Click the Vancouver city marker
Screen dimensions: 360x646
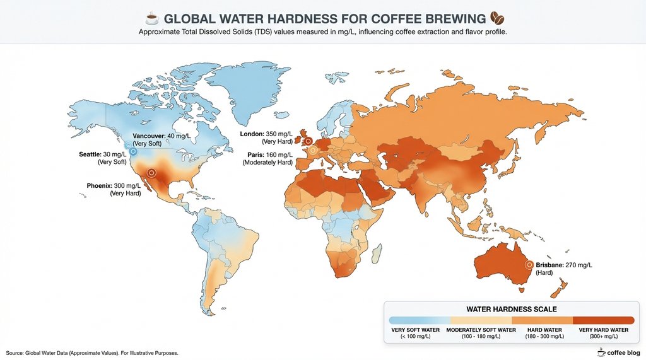pyautogui.click(x=129, y=145)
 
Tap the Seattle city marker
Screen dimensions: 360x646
pyautogui.click(x=133, y=151)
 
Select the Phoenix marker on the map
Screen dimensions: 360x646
pyautogui.click(x=151, y=172)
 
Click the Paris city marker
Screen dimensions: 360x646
pyautogui.click(x=312, y=150)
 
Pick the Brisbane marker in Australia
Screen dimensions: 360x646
pyautogui.click(x=529, y=265)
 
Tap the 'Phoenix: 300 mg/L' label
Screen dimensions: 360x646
pyautogui.click(x=114, y=186)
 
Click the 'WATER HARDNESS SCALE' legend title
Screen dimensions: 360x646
pyautogui.click(x=511, y=309)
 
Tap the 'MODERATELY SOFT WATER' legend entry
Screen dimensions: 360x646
pyautogui.click(x=481, y=330)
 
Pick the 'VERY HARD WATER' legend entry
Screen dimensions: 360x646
pyautogui.click(x=604, y=330)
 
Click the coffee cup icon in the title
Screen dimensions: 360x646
pyautogui.click(x=151, y=17)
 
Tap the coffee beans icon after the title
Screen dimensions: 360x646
pyautogui.click(x=497, y=17)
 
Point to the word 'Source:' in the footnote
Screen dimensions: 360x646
pyautogui.click(x=15, y=353)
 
